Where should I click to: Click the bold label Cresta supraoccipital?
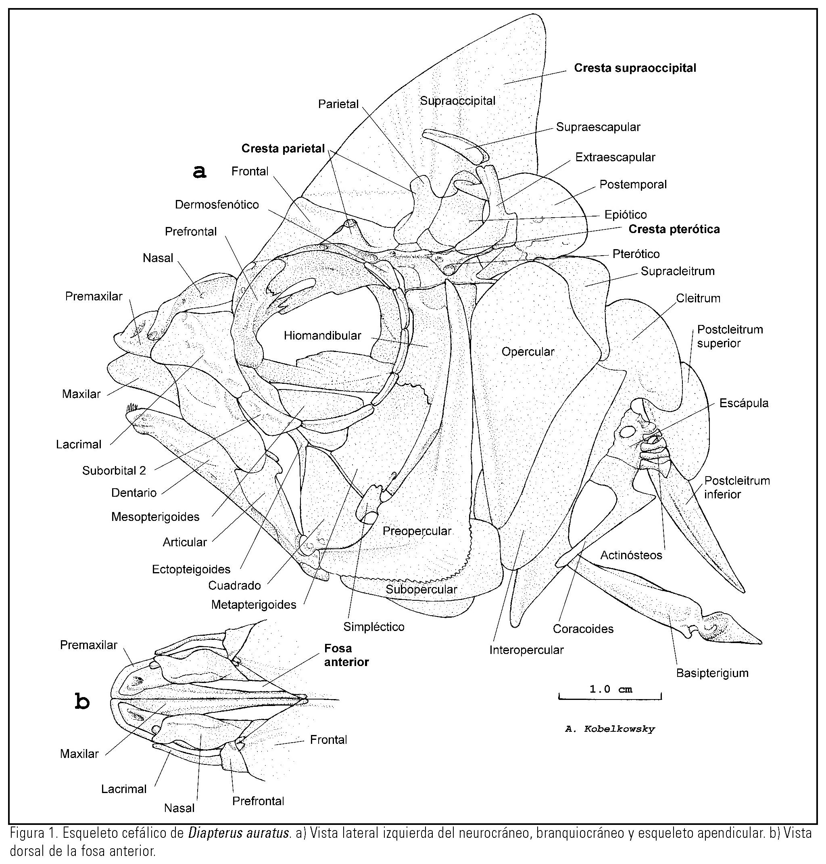pos(635,68)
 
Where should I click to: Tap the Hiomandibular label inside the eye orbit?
pos(322,336)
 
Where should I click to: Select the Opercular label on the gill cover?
pos(528,352)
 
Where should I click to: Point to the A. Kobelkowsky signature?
pos(610,729)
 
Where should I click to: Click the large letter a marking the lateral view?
pos(200,172)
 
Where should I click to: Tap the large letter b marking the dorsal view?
pos(82,702)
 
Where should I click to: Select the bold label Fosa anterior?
pos(346,655)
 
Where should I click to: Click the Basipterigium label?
pos(712,673)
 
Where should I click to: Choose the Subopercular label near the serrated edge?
pos(421,589)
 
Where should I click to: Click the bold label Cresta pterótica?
pos(674,229)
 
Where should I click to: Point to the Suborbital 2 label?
pos(114,471)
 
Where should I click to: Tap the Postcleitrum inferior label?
pos(736,487)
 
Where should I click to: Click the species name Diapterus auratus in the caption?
pos(239,834)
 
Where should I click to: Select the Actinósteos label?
pos(631,556)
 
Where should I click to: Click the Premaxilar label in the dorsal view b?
pos(88,645)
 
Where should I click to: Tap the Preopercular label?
pos(417,531)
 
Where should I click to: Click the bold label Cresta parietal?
pos(283,149)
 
